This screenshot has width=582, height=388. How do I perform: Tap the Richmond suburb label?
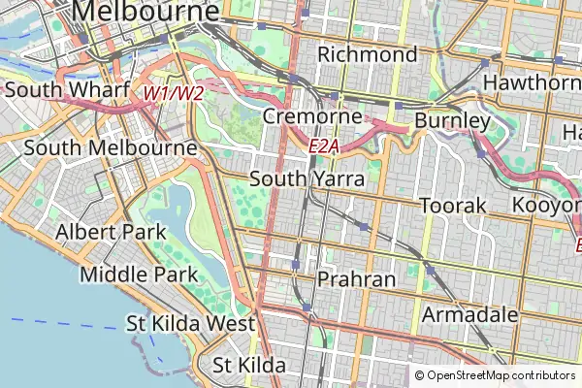368,54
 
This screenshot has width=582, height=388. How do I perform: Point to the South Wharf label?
67,90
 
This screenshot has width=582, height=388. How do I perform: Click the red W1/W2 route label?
174,94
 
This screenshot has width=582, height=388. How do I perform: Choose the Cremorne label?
312,117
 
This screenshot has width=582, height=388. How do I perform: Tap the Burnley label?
452,121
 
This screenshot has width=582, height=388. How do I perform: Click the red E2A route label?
324,145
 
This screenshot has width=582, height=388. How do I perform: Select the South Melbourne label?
111,147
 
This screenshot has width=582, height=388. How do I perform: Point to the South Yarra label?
307,179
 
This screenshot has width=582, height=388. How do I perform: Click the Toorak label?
451,206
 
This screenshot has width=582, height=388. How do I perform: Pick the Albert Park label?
111,233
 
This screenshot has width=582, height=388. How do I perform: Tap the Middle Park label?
140,274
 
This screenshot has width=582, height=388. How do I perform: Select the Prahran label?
356,279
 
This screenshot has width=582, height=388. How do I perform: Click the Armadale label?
469,315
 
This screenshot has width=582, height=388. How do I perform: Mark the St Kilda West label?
190,323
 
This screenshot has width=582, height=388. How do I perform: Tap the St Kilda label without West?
249,366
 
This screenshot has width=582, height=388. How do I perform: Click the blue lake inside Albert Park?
170,218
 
